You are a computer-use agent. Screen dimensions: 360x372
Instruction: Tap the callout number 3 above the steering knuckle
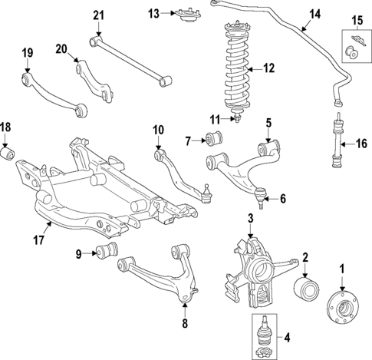tap(250, 220)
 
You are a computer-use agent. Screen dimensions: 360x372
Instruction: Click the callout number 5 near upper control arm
tap(268, 122)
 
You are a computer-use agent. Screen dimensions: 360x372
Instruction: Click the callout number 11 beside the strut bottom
tap(216, 118)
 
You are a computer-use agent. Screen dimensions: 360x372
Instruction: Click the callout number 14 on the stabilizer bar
tap(315, 13)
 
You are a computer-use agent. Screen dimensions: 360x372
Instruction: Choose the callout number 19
tap(27, 53)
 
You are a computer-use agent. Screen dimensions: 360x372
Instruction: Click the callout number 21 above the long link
tap(97, 15)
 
